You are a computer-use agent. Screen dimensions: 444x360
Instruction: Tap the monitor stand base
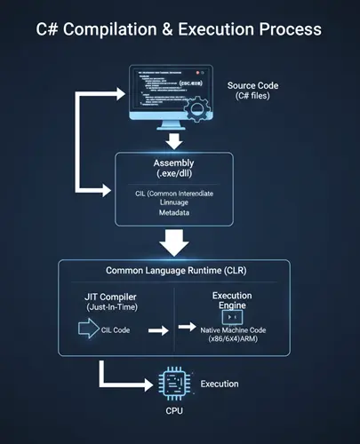pos(175,129)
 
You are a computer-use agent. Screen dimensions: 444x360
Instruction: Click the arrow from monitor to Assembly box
pos(175,140)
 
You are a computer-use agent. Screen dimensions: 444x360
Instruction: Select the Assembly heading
pos(174,164)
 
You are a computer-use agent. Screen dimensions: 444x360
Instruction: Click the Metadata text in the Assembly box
pos(173,213)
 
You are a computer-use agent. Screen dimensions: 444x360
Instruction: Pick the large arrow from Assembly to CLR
pos(175,241)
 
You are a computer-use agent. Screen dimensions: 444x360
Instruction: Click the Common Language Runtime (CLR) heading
pos(173,270)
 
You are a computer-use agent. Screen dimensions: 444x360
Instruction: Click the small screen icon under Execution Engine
pos(233,316)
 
